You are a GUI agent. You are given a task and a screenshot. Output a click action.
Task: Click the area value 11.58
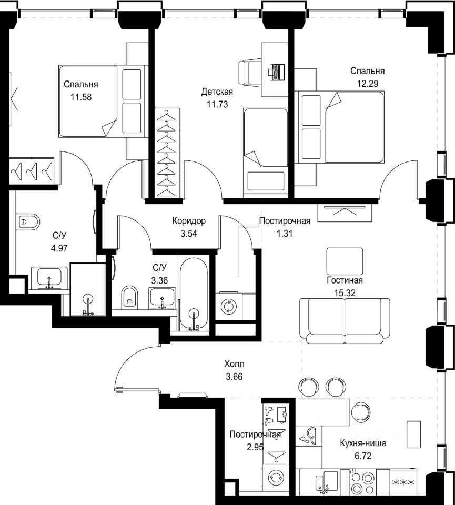[x=81, y=97]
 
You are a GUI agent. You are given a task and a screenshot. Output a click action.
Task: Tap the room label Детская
[x=217, y=92]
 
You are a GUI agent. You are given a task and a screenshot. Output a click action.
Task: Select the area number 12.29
[x=367, y=84]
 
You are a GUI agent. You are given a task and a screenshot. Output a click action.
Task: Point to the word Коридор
[x=189, y=221]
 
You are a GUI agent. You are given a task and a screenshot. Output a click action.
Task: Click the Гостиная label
[x=345, y=280]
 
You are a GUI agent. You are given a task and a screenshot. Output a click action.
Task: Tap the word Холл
[x=235, y=364]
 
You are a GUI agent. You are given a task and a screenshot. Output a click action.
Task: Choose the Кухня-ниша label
[x=363, y=443]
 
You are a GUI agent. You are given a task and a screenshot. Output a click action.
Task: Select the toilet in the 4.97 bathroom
[x=27, y=221]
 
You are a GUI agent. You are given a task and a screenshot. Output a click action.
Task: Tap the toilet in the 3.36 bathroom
[x=130, y=297]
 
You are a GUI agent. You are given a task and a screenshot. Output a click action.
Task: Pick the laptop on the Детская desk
[x=276, y=72]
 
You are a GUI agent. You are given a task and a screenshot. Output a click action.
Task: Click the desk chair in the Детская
[x=250, y=72]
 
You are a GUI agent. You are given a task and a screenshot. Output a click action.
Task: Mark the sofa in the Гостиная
[x=345, y=321]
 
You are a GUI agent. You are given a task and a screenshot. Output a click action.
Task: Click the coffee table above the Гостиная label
[x=345, y=261]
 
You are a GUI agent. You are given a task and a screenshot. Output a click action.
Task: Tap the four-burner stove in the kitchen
[x=363, y=482]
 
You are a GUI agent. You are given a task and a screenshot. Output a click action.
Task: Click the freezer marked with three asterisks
[x=403, y=482]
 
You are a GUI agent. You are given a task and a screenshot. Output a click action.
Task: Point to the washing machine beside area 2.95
[x=276, y=477]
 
